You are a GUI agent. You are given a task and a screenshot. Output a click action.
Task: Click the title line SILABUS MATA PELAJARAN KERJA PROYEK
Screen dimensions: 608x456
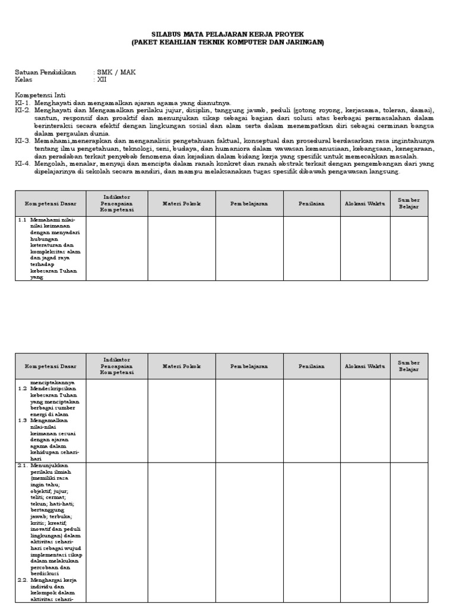click(x=228, y=35)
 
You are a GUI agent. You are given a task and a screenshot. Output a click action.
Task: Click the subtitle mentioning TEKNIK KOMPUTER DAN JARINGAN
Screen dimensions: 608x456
click(x=228, y=43)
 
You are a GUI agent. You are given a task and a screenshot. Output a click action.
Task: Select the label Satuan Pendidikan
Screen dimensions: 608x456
click(x=46, y=72)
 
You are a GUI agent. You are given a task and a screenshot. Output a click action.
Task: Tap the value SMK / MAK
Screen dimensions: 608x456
click(x=116, y=72)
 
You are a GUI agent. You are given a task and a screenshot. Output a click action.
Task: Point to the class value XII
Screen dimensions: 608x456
click(x=102, y=80)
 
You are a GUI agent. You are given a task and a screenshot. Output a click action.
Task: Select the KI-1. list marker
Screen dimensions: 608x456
click(x=23, y=103)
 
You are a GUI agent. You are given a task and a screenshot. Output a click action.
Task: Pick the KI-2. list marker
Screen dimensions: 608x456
click(x=23, y=110)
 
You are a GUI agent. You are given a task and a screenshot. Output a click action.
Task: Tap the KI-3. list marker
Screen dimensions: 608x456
click(x=23, y=141)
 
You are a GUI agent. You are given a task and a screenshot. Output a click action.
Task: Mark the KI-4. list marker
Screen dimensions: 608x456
click(x=23, y=164)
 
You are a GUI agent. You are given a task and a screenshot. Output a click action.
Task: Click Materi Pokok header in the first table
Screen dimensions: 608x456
click(x=182, y=204)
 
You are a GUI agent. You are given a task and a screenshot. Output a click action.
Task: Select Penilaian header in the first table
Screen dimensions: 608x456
click(x=312, y=204)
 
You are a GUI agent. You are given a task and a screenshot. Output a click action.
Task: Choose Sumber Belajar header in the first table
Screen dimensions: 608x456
click(x=408, y=204)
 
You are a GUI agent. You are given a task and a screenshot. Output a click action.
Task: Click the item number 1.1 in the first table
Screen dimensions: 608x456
click(x=22, y=220)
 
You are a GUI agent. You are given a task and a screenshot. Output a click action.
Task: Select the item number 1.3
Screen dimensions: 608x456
click(x=22, y=420)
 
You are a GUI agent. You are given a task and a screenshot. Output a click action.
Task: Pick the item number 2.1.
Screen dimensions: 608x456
click(x=22, y=467)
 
